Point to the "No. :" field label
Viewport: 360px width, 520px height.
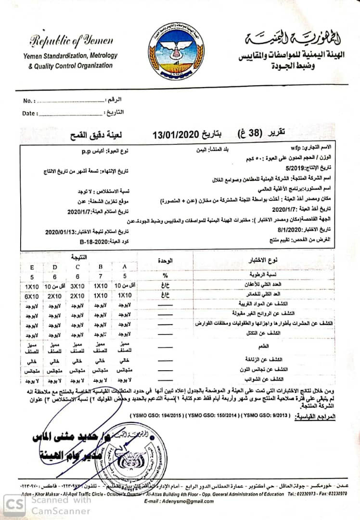click(x=29, y=101)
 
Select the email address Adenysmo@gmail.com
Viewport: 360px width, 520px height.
click(x=185, y=501)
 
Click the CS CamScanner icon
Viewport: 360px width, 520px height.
click(x=15, y=505)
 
